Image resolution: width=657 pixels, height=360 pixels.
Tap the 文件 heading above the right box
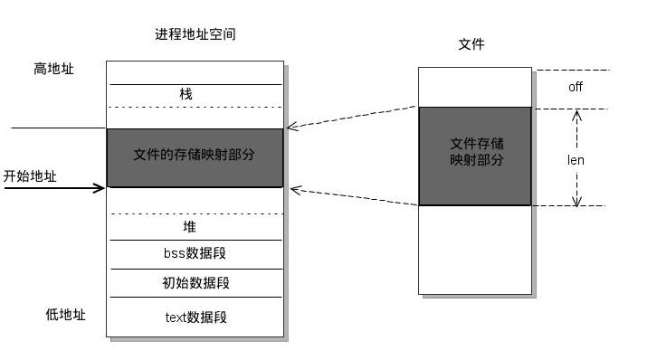pos(472,43)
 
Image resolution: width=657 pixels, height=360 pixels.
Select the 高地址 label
pos(53,69)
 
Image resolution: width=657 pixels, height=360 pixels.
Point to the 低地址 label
pos(65,315)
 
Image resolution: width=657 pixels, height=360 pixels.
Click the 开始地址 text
pos(30,176)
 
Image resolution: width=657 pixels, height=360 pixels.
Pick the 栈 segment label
pos(186,94)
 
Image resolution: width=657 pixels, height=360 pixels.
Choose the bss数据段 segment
pos(195,254)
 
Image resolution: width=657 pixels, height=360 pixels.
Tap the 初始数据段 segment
pos(195,283)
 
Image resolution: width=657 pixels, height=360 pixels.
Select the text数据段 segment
pos(195,317)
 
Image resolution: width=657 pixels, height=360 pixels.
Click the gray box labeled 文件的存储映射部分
pos(195,156)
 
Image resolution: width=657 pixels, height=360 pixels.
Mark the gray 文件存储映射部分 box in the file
pos(475,156)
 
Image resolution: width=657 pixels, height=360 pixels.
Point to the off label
pos(576,87)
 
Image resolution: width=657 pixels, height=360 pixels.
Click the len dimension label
pos(576,160)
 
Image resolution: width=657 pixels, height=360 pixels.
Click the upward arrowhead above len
pos(576,115)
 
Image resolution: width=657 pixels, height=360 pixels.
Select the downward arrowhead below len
pos(576,200)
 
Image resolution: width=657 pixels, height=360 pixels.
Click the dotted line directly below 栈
pos(195,108)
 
